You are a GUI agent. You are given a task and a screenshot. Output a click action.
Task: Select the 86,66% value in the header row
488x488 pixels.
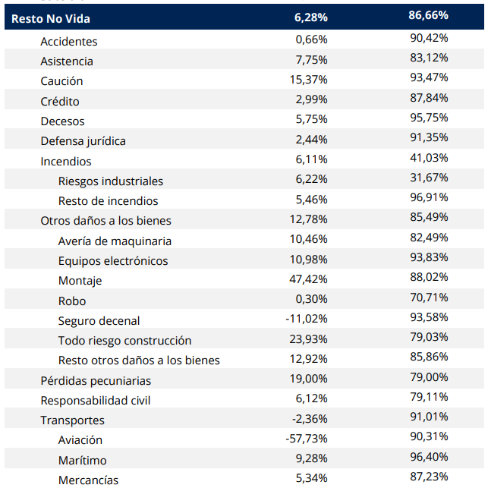[428, 16]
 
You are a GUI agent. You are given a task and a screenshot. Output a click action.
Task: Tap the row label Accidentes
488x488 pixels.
[69, 42]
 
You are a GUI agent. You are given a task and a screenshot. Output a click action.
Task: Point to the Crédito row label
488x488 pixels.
[60, 102]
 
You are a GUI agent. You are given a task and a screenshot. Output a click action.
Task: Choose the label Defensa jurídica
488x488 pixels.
[83, 141]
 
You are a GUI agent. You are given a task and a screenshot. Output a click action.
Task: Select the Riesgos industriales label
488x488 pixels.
[111, 181]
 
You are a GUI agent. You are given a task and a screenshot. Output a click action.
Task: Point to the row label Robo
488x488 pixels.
[72, 301]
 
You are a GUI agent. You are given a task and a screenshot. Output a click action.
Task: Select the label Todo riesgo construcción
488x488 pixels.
[125, 341]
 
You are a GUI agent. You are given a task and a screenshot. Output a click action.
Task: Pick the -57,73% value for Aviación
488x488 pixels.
[307, 439]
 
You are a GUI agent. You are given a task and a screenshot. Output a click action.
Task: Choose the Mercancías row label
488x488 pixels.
[89, 480]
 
